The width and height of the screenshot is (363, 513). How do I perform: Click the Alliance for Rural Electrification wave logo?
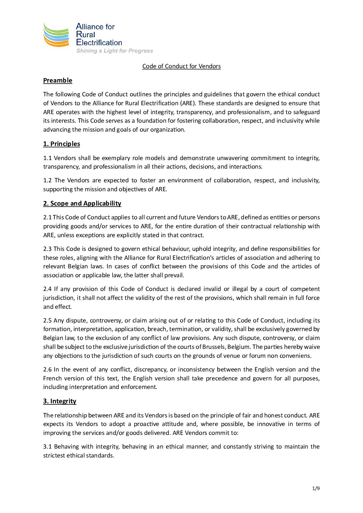click(56, 34)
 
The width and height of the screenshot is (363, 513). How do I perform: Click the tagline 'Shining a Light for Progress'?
click(115, 51)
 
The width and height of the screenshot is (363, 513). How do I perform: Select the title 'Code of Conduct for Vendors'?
click(181, 66)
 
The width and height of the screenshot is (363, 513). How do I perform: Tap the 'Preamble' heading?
click(58, 81)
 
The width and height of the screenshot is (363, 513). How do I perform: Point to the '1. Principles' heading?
click(61, 144)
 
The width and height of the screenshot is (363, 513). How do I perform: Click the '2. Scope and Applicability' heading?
click(82, 204)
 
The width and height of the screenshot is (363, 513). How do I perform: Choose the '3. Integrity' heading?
click(60, 401)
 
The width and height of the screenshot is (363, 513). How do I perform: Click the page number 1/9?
click(316, 488)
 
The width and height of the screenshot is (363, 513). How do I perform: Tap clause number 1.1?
click(47, 158)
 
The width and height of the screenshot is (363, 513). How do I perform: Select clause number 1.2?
click(47, 180)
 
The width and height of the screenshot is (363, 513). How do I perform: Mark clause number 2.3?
click(47, 249)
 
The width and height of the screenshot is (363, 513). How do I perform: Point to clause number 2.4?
click(47, 289)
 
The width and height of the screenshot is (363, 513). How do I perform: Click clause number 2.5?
click(47, 320)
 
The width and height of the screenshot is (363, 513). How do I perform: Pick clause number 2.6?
click(47, 369)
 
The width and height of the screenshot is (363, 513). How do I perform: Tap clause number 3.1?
click(47, 447)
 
